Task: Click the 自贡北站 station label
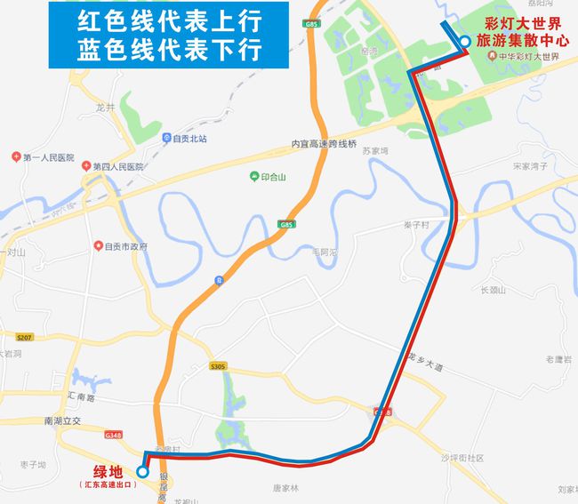pyautogui.click(x=190, y=139)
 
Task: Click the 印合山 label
pyautogui.click(x=272, y=176)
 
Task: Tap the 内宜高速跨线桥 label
pyautogui.click(x=323, y=144)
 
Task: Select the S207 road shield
pyautogui.click(x=24, y=336)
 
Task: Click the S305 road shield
pyautogui.click(x=219, y=366)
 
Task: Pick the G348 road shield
pyautogui.click(x=113, y=436)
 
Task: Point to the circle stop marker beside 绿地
pyautogui.click(x=142, y=472)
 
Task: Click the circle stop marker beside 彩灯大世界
pyautogui.click(x=465, y=40)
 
